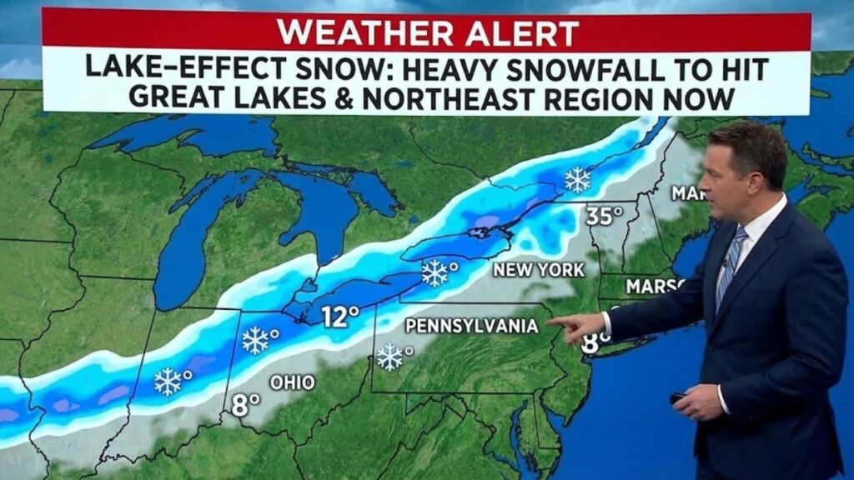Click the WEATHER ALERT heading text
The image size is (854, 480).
click(427, 32)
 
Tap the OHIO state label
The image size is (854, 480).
click(292, 382)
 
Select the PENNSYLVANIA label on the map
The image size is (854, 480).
click(471, 327)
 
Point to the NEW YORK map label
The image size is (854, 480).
click(539, 271)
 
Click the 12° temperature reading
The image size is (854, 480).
click(341, 317)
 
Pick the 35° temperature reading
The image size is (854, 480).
click(604, 216)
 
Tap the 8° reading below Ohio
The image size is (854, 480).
click(246, 406)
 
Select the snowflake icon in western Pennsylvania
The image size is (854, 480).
click(389, 357)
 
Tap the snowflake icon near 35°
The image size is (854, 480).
click(576, 179)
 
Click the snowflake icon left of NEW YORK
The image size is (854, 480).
click(435, 272)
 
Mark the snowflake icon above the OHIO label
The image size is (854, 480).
click(255, 339)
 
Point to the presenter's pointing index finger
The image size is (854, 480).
click(554, 320)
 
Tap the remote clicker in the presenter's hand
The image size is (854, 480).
click(677, 398)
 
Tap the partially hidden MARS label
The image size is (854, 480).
click(654, 285)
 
